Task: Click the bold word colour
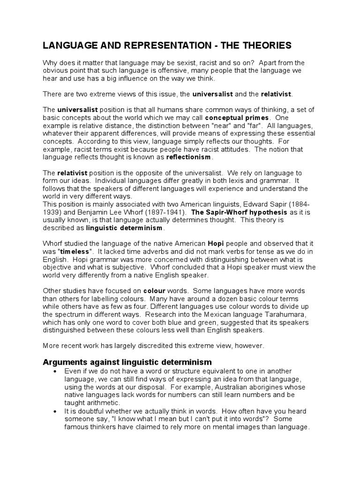pos(155,291)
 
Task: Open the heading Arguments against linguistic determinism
pos(127,362)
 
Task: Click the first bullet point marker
pos(55,372)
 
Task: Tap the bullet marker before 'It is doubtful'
pos(55,411)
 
